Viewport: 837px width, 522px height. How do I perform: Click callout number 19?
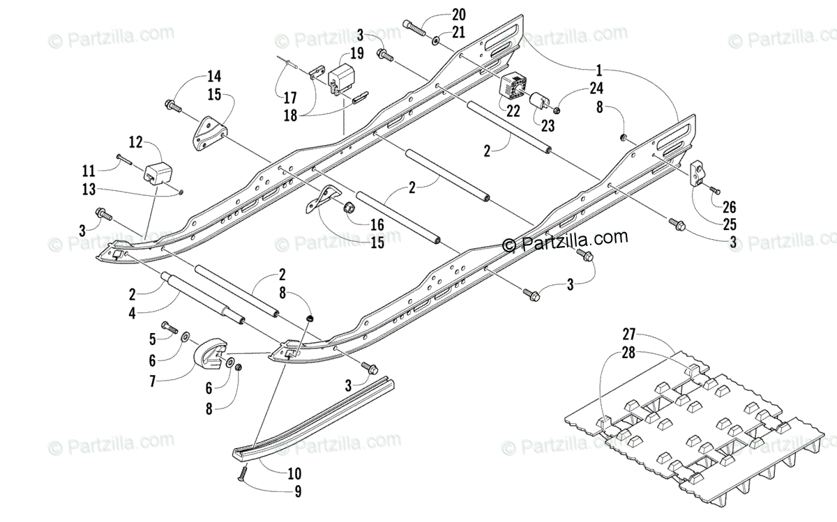coord(356,52)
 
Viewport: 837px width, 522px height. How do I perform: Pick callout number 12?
coord(135,142)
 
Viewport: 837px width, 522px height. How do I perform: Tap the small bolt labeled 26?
coord(713,190)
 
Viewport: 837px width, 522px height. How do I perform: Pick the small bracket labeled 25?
coord(697,172)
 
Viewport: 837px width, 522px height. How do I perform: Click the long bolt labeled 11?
coord(123,160)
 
